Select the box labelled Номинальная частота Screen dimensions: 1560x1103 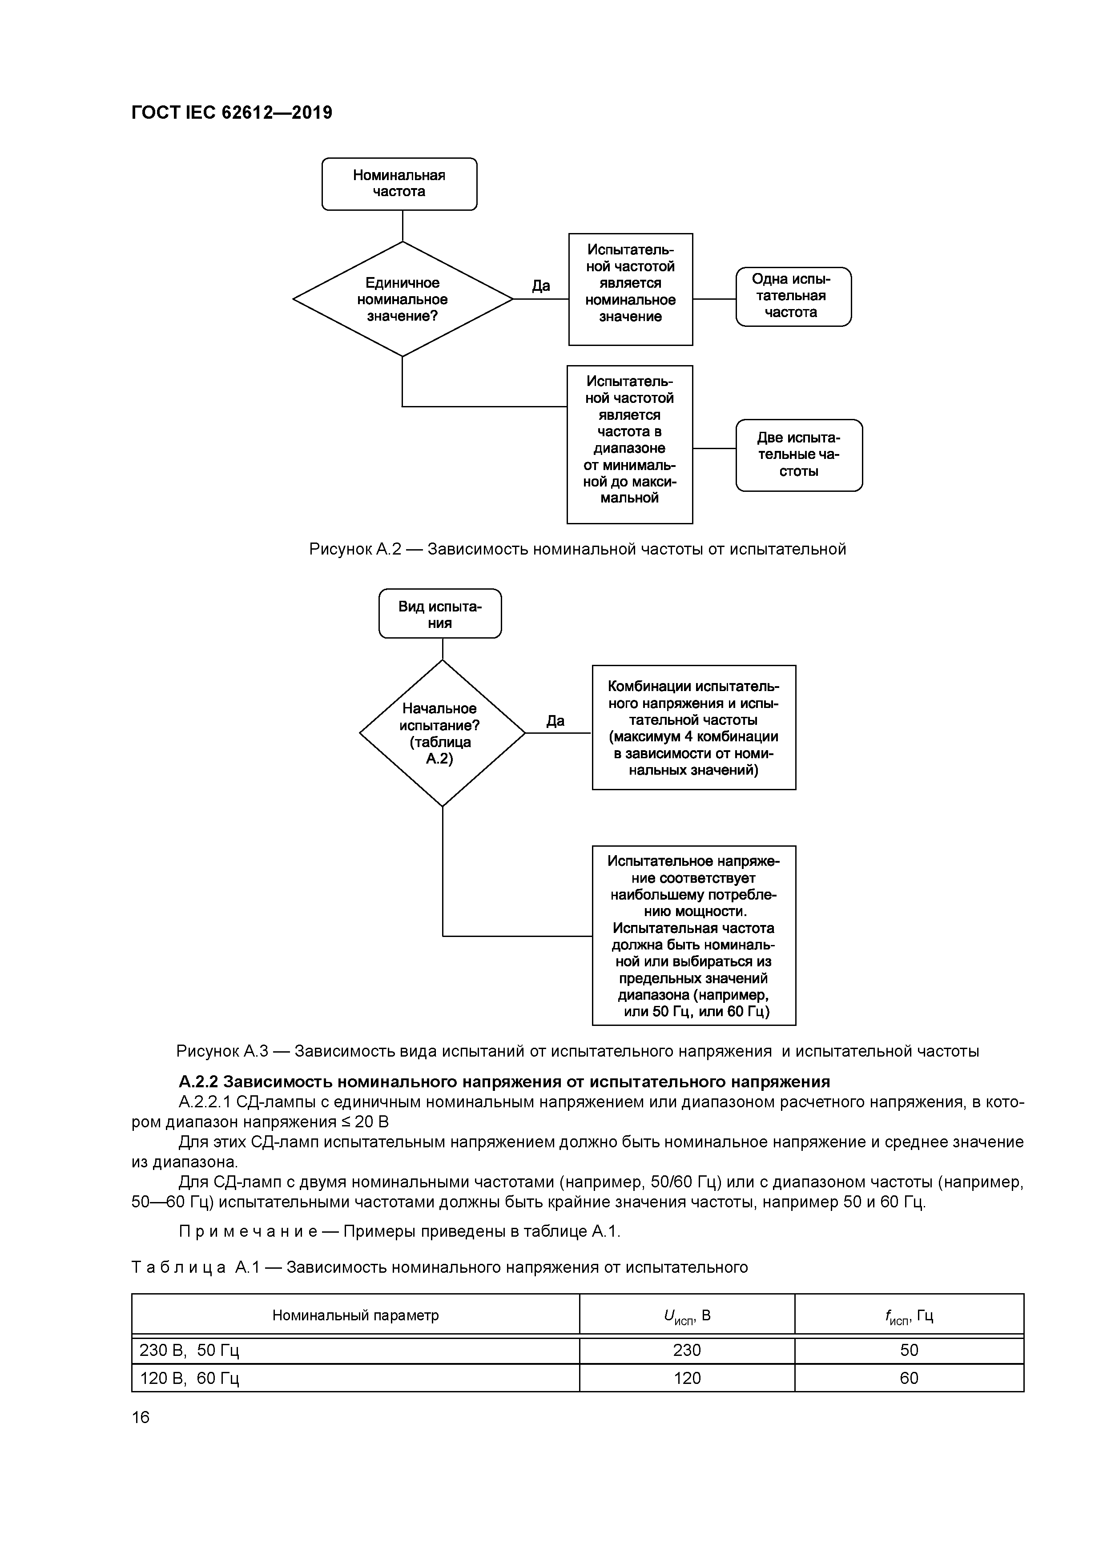(x=399, y=184)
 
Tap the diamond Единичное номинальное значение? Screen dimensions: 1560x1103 (x=403, y=299)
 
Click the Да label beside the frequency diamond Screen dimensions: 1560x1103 (x=541, y=286)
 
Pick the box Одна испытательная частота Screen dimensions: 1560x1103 (x=793, y=296)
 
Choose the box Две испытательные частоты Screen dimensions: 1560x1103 (x=798, y=454)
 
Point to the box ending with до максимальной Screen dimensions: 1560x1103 (x=629, y=444)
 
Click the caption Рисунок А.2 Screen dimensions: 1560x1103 (x=577, y=549)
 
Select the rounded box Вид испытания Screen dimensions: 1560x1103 (x=440, y=614)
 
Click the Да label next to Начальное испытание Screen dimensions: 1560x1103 (x=555, y=721)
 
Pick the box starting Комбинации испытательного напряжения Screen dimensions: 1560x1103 (x=693, y=728)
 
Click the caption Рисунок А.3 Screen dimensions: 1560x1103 (x=577, y=1052)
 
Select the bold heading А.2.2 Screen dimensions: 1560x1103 (x=503, y=1082)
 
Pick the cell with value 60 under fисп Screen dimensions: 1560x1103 (x=909, y=1378)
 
